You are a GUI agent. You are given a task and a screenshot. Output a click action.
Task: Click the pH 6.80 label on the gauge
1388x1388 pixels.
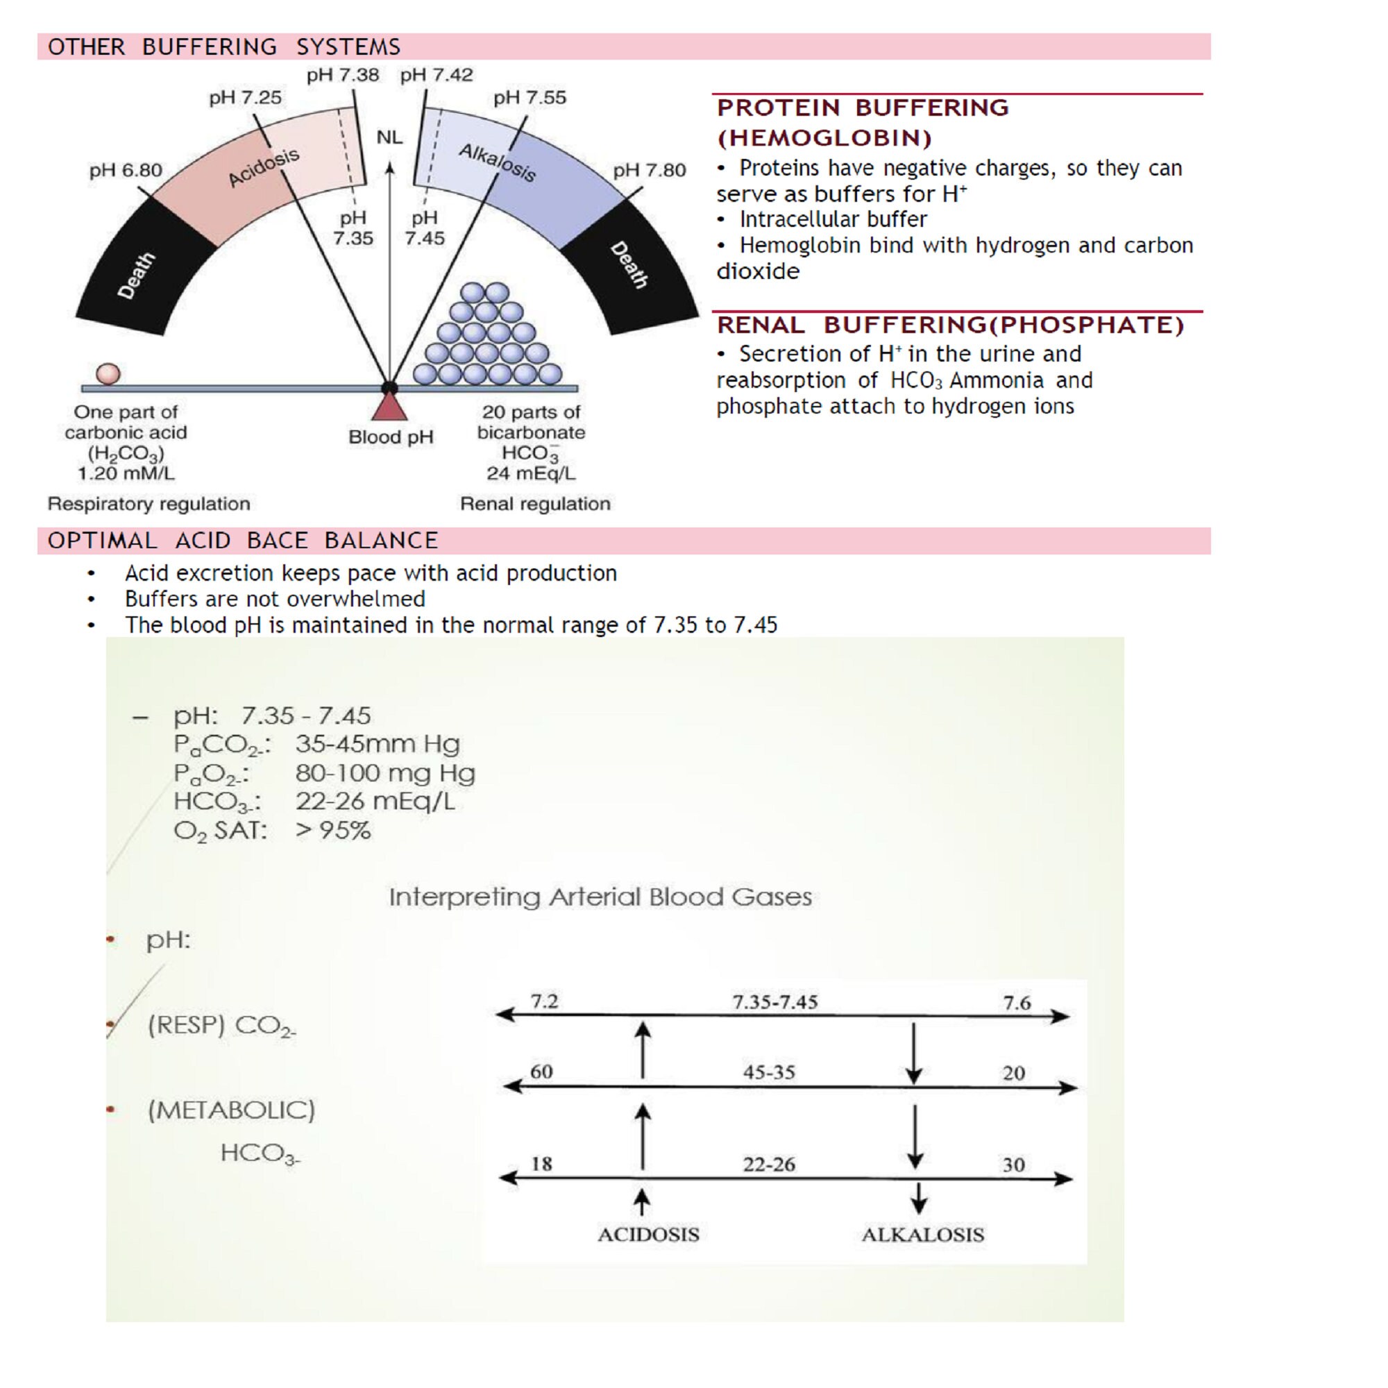click(x=126, y=170)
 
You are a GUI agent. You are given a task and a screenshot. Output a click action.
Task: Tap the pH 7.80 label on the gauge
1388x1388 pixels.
click(x=649, y=170)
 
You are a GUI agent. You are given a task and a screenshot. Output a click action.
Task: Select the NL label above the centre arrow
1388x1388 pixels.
click(x=389, y=137)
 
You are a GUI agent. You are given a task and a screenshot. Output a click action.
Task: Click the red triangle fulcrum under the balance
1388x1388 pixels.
click(x=389, y=407)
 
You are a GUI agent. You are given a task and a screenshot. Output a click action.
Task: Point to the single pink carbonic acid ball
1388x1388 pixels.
click(x=108, y=373)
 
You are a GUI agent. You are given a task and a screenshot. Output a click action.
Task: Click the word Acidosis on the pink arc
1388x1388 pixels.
click(x=264, y=167)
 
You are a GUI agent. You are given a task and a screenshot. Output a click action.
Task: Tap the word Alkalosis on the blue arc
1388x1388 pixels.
click(x=497, y=162)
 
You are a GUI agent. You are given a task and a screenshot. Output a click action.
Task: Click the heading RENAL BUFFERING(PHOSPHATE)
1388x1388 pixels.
click(x=950, y=325)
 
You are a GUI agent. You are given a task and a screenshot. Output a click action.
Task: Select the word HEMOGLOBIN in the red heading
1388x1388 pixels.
click(x=824, y=138)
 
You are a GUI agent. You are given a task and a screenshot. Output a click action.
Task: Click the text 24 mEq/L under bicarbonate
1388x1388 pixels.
click(x=531, y=473)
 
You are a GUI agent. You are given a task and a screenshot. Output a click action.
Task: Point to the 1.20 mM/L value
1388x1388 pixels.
click(x=126, y=473)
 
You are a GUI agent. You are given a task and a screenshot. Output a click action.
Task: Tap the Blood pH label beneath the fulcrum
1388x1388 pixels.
click(x=391, y=437)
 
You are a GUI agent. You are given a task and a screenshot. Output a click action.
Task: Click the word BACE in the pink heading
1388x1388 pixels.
click(x=277, y=540)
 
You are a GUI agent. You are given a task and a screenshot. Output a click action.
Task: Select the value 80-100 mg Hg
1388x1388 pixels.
click(x=385, y=773)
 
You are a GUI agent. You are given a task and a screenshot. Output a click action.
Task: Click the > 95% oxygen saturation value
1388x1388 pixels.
click(x=333, y=831)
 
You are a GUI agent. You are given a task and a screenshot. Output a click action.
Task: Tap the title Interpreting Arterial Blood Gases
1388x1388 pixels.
click(x=600, y=897)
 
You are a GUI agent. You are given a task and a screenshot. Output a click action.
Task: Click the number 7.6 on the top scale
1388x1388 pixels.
click(x=1017, y=1003)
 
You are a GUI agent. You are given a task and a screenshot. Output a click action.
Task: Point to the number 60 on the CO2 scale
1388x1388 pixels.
click(x=541, y=1072)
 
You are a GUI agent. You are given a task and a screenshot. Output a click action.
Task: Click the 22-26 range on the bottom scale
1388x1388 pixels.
click(x=769, y=1165)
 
